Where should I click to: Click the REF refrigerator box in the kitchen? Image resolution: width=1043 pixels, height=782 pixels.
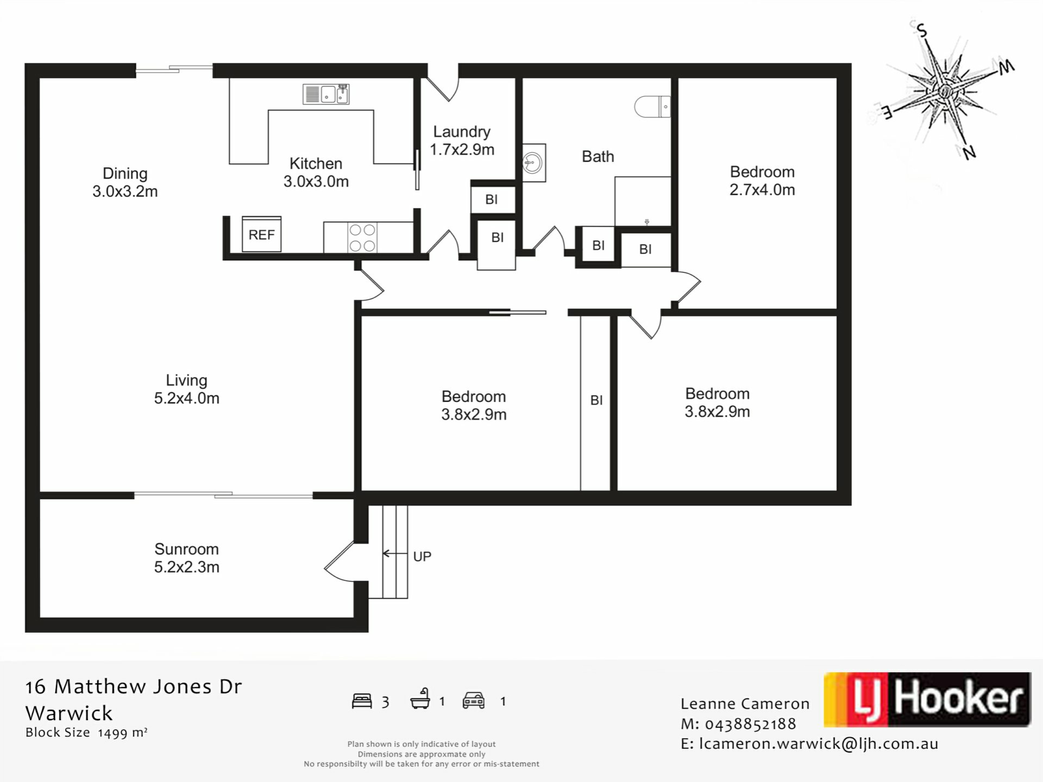click(x=261, y=234)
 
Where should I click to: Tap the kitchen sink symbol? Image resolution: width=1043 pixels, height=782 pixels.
click(x=326, y=94)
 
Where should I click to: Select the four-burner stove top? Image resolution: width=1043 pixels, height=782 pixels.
click(x=362, y=237)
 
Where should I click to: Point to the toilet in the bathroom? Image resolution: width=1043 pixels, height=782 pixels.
click(x=652, y=106)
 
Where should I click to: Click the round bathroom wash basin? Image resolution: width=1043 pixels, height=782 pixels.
click(x=533, y=162)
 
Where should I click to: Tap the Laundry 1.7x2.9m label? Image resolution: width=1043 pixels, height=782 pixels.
click(x=462, y=141)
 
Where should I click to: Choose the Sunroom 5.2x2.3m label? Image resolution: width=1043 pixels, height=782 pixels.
click(x=186, y=558)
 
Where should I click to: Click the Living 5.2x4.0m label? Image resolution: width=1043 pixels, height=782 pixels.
click(x=186, y=389)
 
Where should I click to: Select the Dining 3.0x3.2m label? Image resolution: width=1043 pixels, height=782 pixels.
click(x=125, y=182)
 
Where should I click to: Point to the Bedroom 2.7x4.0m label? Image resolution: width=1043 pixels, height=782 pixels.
click(x=762, y=180)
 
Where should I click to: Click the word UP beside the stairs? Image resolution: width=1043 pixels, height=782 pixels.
click(x=422, y=556)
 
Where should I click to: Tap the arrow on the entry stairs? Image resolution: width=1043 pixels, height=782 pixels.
click(x=395, y=554)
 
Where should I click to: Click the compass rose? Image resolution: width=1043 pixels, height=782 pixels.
click(x=945, y=90)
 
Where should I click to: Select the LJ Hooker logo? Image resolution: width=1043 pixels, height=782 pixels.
click(x=927, y=699)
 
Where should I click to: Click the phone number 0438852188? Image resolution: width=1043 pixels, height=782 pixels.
click(x=750, y=724)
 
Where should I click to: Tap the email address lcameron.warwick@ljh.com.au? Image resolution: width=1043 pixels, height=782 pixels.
click(x=819, y=744)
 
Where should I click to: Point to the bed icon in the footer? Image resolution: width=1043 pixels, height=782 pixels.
click(x=362, y=701)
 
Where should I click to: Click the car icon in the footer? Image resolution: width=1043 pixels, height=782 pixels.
click(x=473, y=701)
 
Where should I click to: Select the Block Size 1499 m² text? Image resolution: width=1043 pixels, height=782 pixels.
click(x=86, y=733)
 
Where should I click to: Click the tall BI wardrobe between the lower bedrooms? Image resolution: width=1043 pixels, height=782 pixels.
click(x=595, y=402)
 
